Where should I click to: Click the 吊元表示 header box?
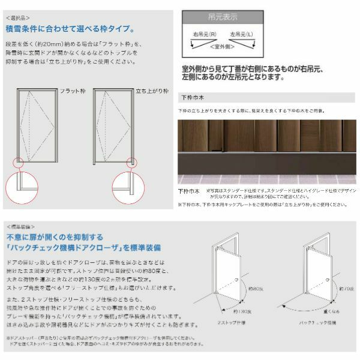pyautogui.click(x=219, y=17)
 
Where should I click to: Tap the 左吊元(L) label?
pyautogui.click(x=242, y=37)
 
